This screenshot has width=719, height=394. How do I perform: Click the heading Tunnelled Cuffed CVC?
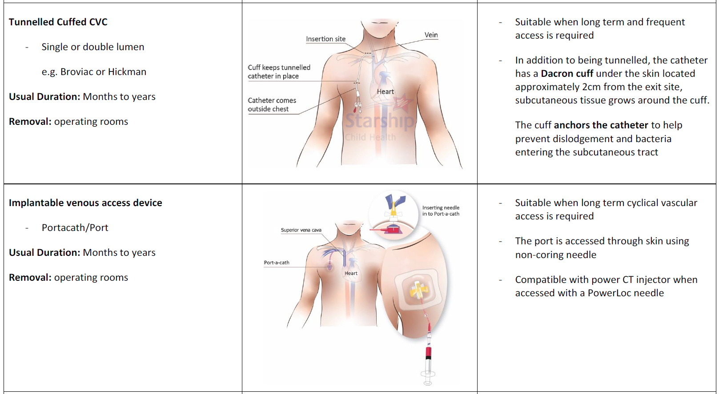tap(58, 22)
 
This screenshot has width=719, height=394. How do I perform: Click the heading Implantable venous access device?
tap(85, 203)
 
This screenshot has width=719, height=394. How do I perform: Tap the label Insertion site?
tap(325, 39)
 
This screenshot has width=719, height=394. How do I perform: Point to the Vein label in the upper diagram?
tap(431, 35)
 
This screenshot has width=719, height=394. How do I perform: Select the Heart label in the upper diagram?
tap(385, 92)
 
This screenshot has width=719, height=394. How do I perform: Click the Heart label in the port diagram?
tap(351, 273)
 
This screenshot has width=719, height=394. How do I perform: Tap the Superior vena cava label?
tap(301, 230)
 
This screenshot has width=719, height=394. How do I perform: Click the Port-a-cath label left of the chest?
tap(277, 263)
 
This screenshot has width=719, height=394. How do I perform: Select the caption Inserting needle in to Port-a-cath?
tap(441, 211)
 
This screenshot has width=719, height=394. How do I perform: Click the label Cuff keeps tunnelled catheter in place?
tap(279, 72)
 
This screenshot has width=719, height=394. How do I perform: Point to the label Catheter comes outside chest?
tap(272, 105)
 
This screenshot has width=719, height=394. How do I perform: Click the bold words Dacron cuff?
tap(567, 74)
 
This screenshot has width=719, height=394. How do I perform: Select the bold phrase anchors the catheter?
tap(601, 125)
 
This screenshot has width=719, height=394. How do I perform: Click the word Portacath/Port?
tap(75, 228)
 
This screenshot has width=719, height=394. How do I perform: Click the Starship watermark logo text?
tap(379, 120)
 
